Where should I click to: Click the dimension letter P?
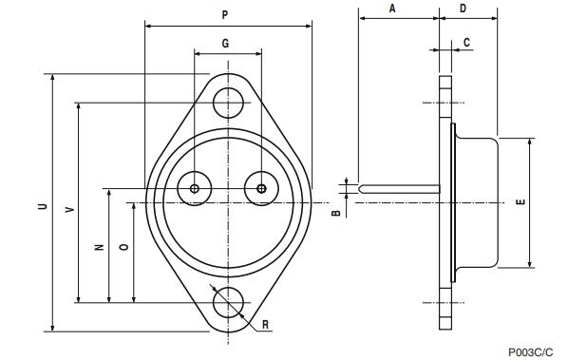coord(224,15)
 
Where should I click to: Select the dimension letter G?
coord(225,44)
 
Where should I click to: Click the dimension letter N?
coord(99,247)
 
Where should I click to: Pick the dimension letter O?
coord(123,247)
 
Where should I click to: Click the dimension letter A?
coord(392,8)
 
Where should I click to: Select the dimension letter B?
coord(334,214)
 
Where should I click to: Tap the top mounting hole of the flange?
coord(228,102)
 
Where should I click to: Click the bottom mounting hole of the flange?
coord(228,303)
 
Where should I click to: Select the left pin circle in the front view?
coord(196,188)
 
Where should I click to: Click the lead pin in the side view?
coord(399,187)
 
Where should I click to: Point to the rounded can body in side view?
coord(477,203)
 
